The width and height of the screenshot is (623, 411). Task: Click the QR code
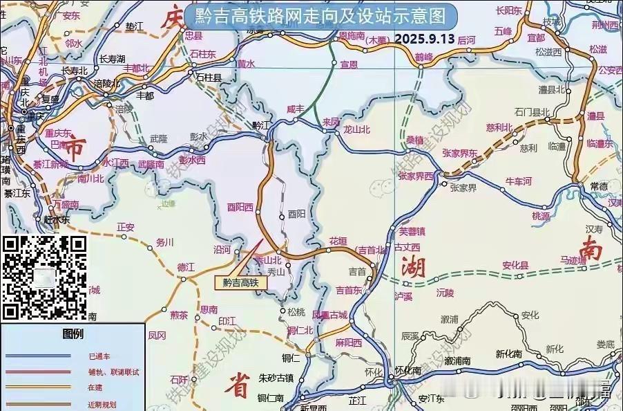(x=45, y=277)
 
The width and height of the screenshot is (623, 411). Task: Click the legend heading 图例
(x=73, y=335)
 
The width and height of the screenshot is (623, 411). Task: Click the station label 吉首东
(x=349, y=290)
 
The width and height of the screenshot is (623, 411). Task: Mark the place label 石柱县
(x=208, y=78)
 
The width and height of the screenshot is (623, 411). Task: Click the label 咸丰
(x=295, y=109)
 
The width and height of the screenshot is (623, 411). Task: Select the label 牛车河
(x=519, y=181)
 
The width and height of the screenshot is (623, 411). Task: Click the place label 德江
(x=186, y=266)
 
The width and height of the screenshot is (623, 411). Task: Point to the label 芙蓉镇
(x=412, y=231)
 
